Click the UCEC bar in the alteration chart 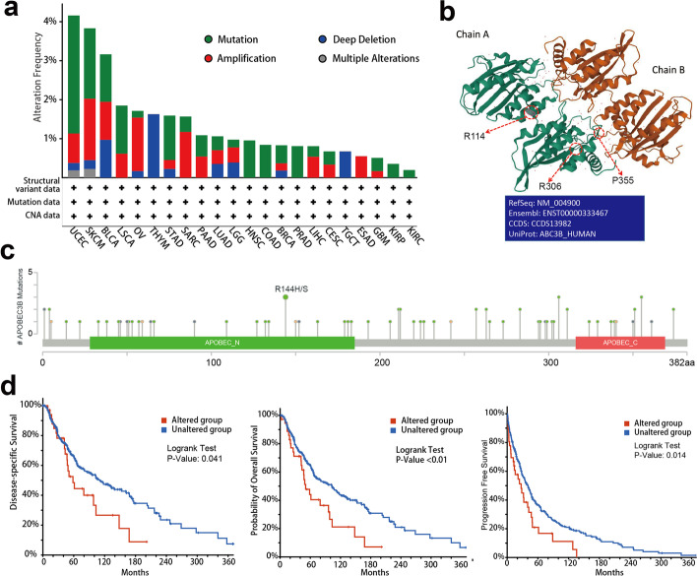[74, 94]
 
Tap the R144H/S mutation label [286, 288]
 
